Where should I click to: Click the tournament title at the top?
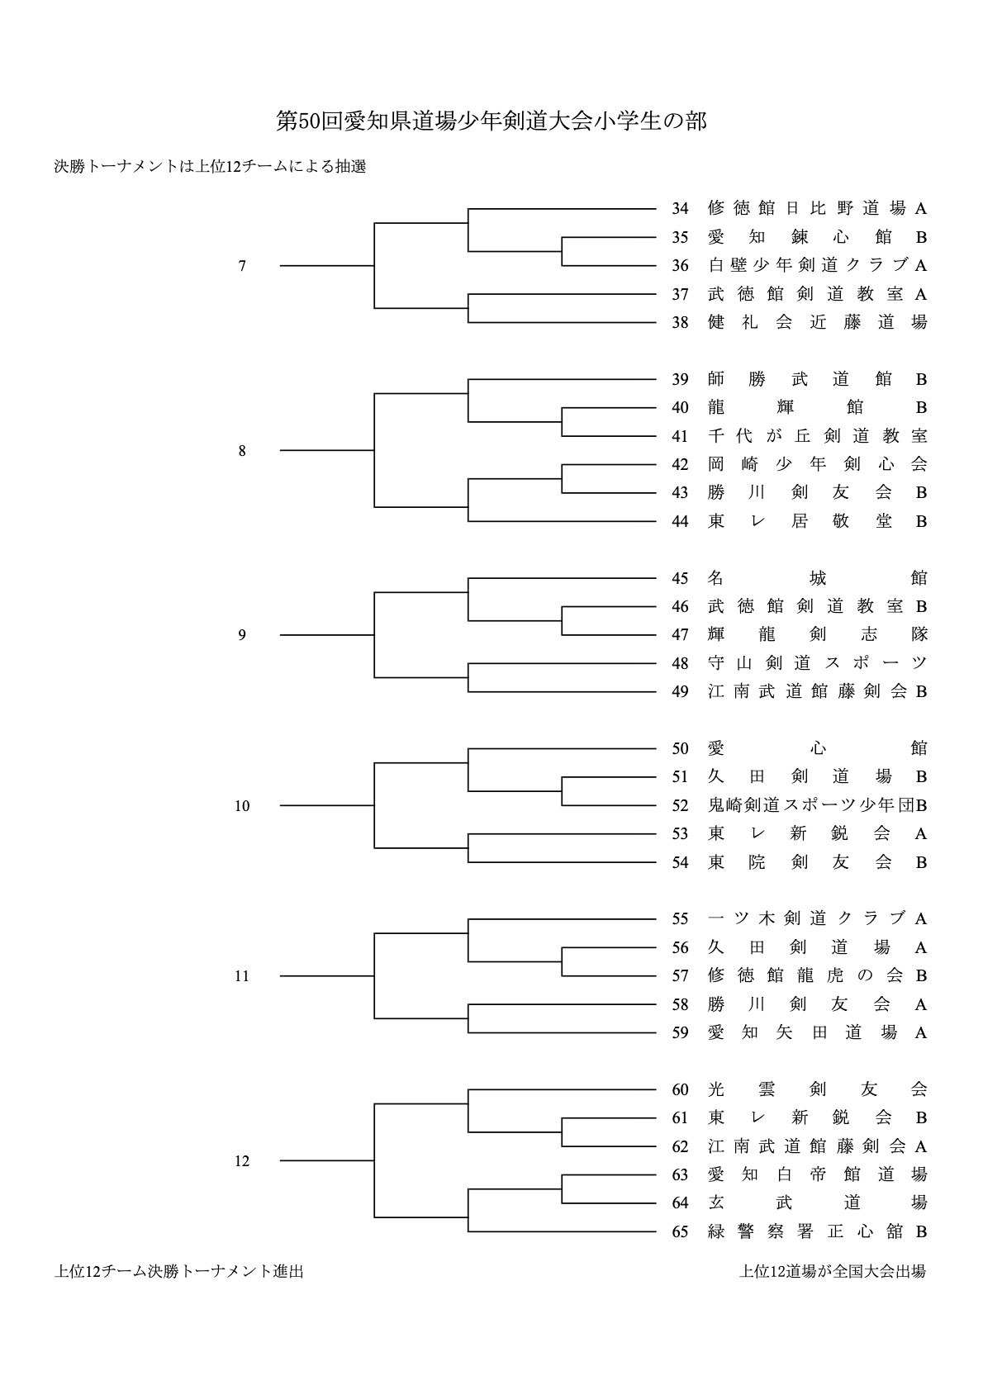click(491, 121)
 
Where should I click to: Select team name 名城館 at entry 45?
click(817, 577)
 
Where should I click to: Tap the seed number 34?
click(680, 208)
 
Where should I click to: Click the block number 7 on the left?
click(242, 266)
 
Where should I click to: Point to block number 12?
click(242, 1161)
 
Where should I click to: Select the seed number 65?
click(680, 1231)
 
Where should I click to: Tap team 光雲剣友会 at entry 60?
click(817, 1089)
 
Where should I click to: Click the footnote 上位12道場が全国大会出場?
click(832, 1271)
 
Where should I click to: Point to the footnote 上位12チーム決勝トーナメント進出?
click(179, 1271)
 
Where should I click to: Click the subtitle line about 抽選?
click(210, 166)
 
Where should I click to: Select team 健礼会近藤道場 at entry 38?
click(817, 322)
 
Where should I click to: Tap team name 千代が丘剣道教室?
click(817, 435)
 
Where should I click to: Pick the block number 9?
click(242, 635)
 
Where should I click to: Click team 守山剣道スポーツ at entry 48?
click(817, 662)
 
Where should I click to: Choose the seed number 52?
click(680, 805)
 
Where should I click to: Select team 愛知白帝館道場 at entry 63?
click(817, 1174)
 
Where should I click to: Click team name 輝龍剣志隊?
click(817, 634)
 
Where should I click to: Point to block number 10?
click(242, 806)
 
